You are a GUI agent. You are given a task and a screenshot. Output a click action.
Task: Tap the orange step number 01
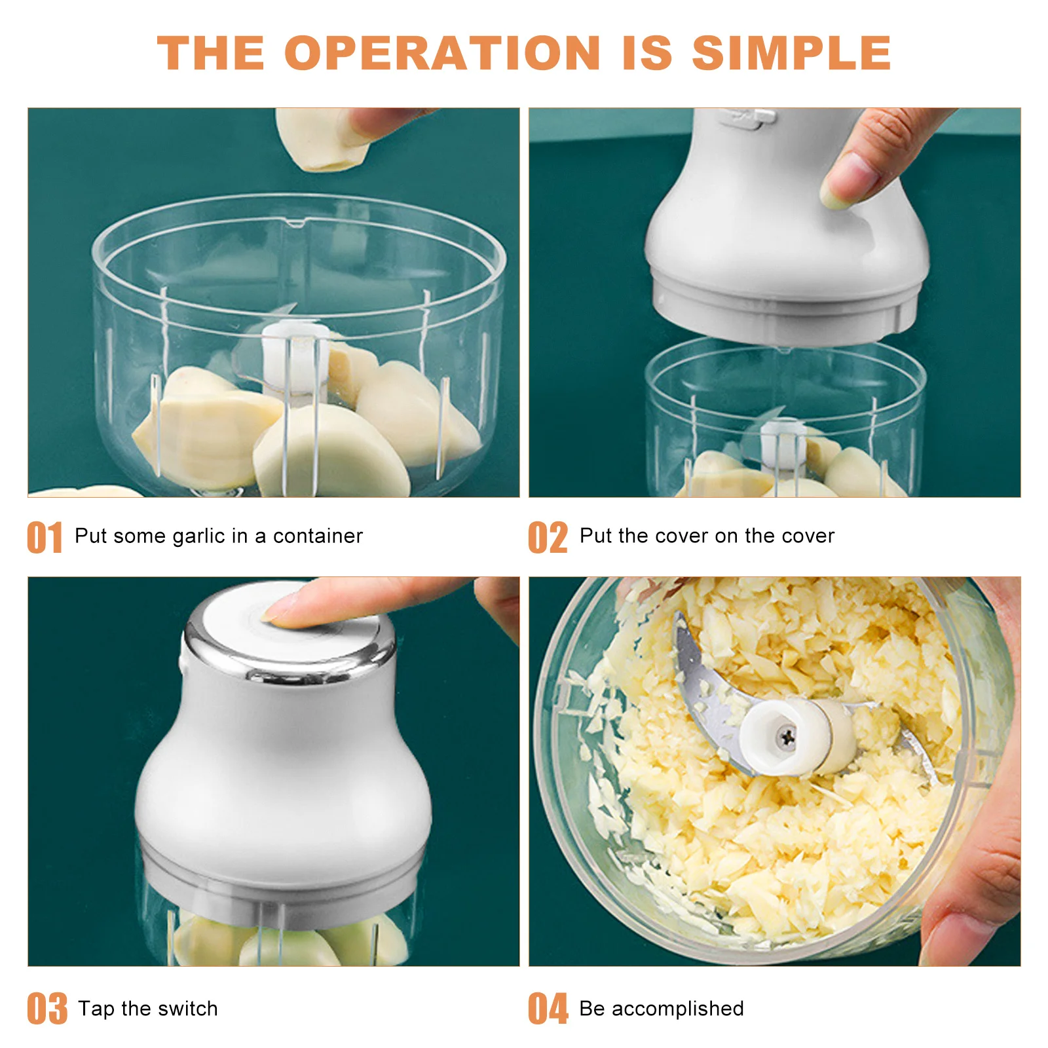pos(45,538)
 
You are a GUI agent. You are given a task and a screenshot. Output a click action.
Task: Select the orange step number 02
pos(548,538)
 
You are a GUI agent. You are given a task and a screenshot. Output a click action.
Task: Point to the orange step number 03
pos(47,1009)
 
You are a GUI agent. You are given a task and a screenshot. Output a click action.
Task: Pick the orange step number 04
pos(548,1009)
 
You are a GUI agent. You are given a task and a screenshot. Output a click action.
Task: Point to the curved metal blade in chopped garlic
pos(704,688)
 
